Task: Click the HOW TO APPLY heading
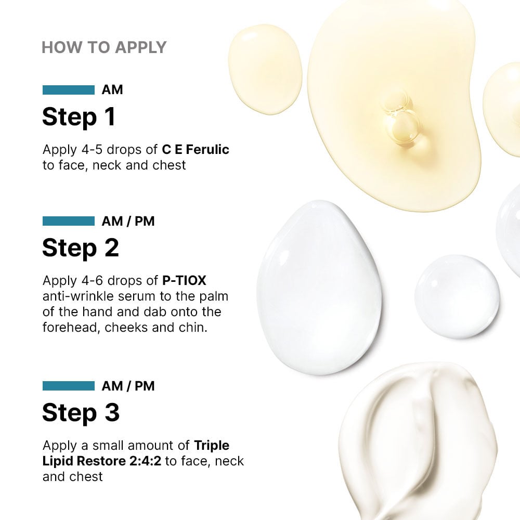[x=104, y=47]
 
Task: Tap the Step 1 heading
[x=79, y=117]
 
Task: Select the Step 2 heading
[x=80, y=248]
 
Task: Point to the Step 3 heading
[x=81, y=412]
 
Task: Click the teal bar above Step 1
[x=68, y=90]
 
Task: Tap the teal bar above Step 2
[x=68, y=222]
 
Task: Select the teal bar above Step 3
[x=68, y=386]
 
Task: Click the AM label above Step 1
[x=112, y=90]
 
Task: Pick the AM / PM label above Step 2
[x=128, y=222]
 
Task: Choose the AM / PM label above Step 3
[x=128, y=386]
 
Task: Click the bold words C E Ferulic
[x=196, y=150]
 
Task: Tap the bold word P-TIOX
[x=184, y=281]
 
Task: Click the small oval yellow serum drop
[x=265, y=69]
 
